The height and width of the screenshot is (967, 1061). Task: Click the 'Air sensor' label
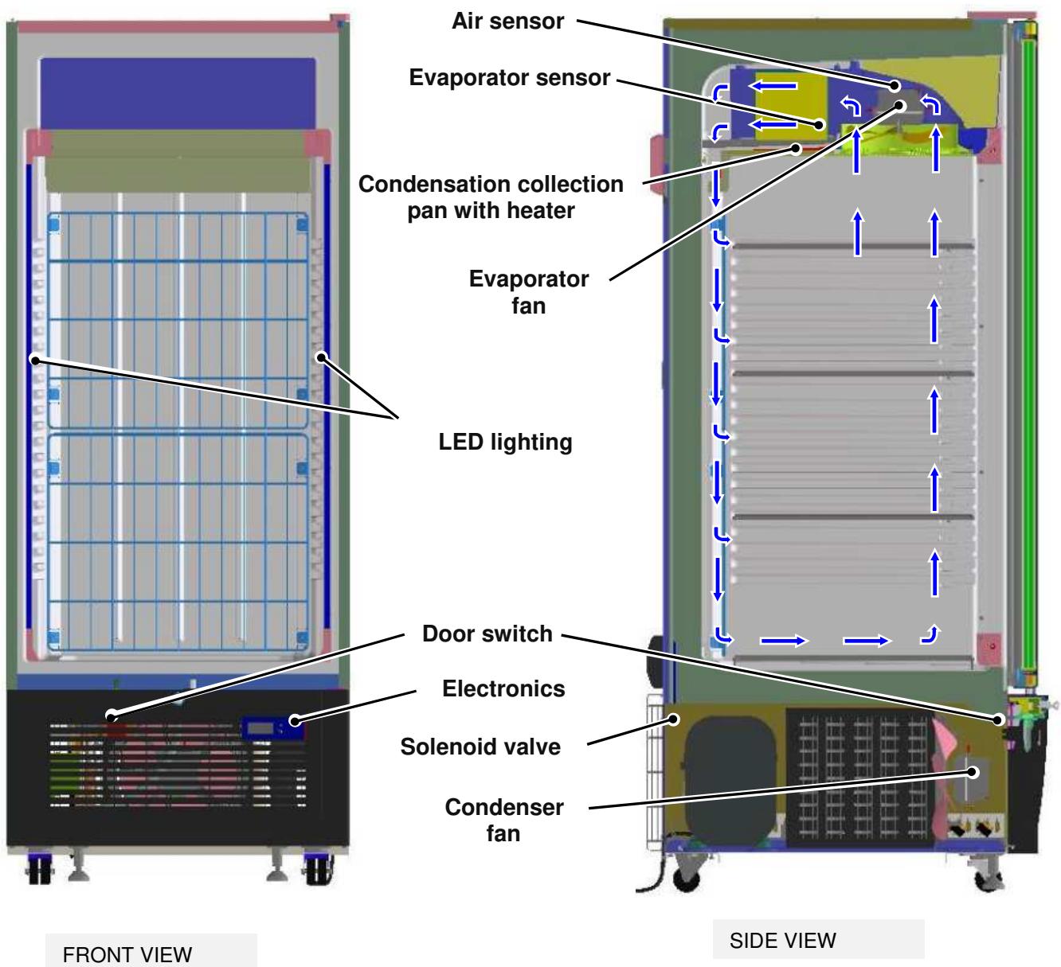click(507, 21)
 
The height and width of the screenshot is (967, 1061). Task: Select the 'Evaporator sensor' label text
click(509, 77)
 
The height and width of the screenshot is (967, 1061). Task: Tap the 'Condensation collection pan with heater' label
click(491, 197)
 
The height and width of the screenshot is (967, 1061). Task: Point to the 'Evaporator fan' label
click(528, 292)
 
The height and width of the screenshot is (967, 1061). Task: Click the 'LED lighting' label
click(505, 443)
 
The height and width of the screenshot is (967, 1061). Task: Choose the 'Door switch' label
click(487, 634)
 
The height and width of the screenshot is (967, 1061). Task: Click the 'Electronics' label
click(503, 688)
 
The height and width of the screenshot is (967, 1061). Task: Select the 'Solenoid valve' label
click(480, 747)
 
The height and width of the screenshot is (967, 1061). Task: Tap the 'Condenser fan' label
click(503, 820)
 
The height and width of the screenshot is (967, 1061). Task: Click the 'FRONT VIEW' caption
click(127, 954)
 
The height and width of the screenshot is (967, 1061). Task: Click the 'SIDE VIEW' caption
click(783, 941)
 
